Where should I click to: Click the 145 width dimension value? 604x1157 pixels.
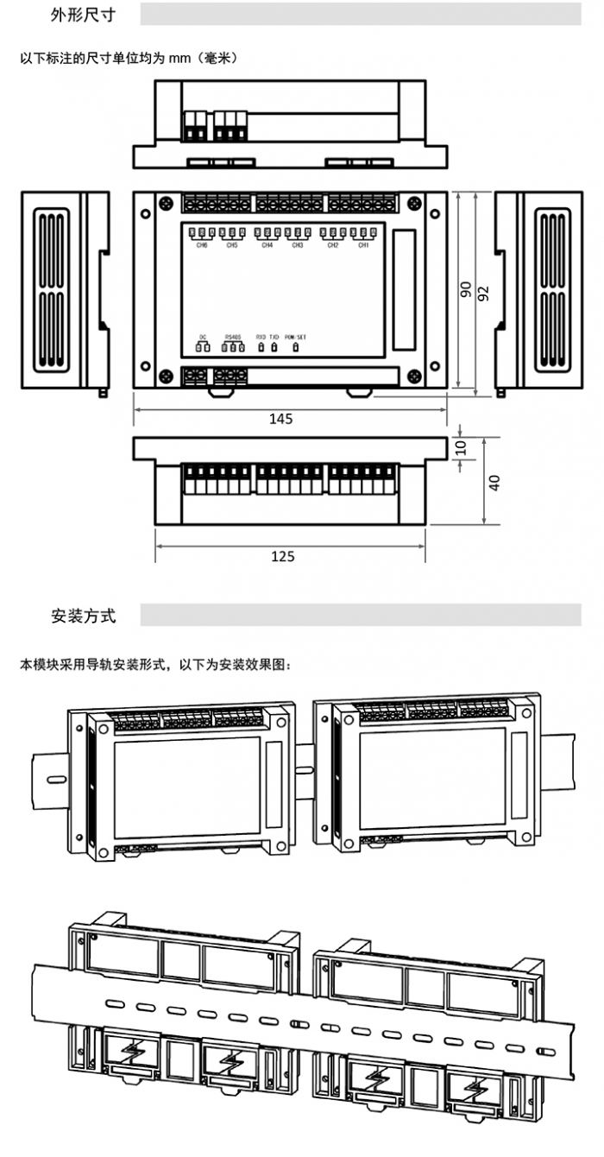tap(280, 419)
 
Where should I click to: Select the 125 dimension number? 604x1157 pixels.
tap(283, 556)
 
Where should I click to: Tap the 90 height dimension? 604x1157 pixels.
tap(465, 290)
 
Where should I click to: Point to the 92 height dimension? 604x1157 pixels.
tap(483, 293)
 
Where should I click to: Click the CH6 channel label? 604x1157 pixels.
tap(202, 245)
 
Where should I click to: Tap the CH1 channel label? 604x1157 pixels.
tap(363, 245)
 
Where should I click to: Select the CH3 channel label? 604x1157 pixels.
tap(297, 245)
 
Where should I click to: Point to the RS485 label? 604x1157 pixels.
tap(233, 336)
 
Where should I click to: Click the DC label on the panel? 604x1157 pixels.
tap(203, 336)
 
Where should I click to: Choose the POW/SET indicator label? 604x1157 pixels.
tap(296, 336)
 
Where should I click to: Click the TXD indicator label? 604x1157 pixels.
tap(274, 336)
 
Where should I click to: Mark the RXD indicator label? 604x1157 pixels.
tap(261, 336)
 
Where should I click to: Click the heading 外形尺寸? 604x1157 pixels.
tap(83, 16)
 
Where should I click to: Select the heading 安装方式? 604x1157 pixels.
tap(83, 616)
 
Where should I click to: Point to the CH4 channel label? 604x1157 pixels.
tap(267, 245)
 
